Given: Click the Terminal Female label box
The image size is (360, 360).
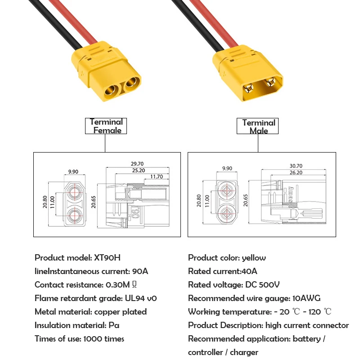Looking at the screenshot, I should point(106,126).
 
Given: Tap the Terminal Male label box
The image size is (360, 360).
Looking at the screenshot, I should point(258,126).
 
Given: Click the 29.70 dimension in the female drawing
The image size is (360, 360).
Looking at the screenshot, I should point(137,164).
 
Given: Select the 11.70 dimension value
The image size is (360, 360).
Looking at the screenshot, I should point(157,177).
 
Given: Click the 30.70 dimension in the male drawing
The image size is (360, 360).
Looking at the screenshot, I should point(296,166).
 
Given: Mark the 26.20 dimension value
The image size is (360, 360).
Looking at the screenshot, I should point(296,172).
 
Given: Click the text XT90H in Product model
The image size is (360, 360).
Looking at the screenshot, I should point(107,258).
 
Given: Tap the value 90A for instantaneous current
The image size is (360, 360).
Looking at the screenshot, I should point(140,271).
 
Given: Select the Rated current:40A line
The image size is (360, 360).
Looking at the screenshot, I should point(222,271).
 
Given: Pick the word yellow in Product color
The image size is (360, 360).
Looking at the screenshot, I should point(253,258).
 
